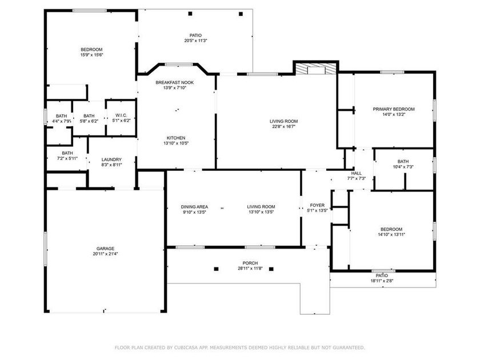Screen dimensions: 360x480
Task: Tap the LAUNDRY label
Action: click(111, 159)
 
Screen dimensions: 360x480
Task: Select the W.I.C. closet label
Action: click(120, 115)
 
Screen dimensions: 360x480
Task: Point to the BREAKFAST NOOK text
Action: click(175, 82)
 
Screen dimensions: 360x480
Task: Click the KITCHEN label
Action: click(176, 138)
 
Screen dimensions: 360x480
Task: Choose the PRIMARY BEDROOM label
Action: click(394, 109)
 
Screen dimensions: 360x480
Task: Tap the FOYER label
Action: click(317, 205)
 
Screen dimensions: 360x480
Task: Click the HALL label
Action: click(357, 173)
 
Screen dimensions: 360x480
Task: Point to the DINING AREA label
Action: click(194, 207)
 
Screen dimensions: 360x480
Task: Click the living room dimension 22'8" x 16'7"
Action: click(284, 126)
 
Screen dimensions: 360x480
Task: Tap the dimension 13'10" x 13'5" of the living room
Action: click(261, 212)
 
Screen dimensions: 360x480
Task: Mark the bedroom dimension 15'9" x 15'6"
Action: click(91, 55)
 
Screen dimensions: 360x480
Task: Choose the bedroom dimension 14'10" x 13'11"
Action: click(391, 234)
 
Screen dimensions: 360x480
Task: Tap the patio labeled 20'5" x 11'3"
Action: click(195, 41)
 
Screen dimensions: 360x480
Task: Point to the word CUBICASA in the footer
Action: click(203, 347)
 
